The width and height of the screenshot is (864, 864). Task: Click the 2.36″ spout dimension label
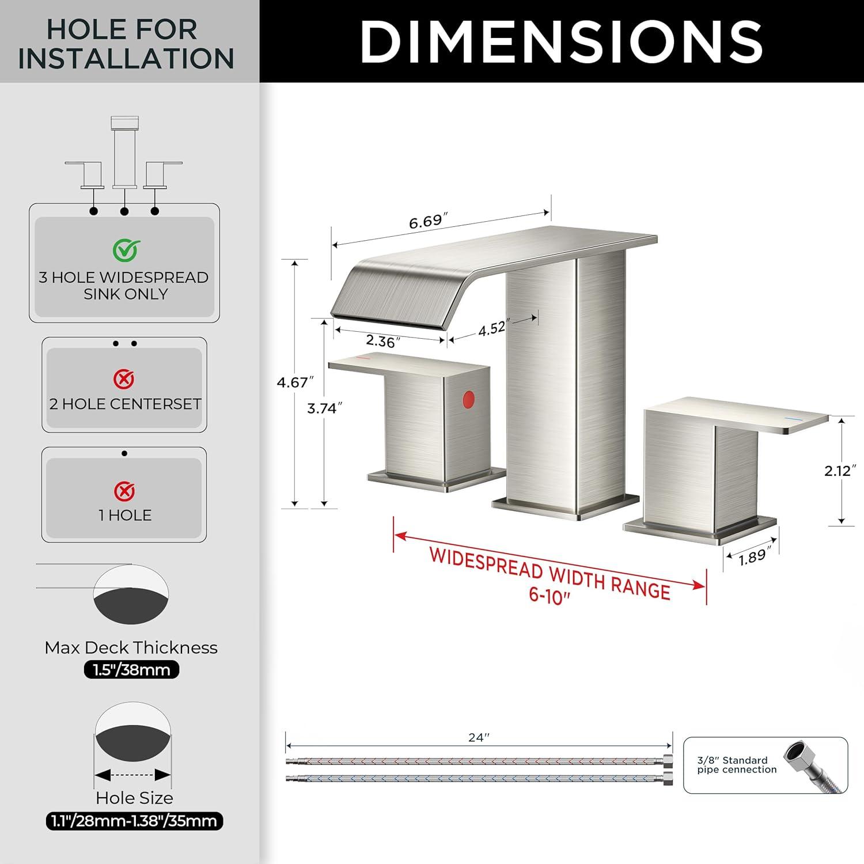(x=384, y=342)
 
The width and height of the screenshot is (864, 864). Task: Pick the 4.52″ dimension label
(x=492, y=328)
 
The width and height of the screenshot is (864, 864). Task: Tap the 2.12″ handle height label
(x=838, y=471)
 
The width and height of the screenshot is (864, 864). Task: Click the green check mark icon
(x=126, y=250)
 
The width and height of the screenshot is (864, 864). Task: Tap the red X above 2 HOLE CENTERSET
(x=124, y=379)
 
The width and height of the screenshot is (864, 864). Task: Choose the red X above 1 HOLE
(x=124, y=491)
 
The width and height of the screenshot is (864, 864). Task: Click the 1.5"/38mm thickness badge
(x=132, y=670)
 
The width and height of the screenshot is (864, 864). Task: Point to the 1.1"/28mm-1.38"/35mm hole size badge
(x=134, y=821)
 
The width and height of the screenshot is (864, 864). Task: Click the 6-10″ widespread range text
(x=550, y=595)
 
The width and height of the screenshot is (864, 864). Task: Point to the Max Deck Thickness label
(x=131, y=647)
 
